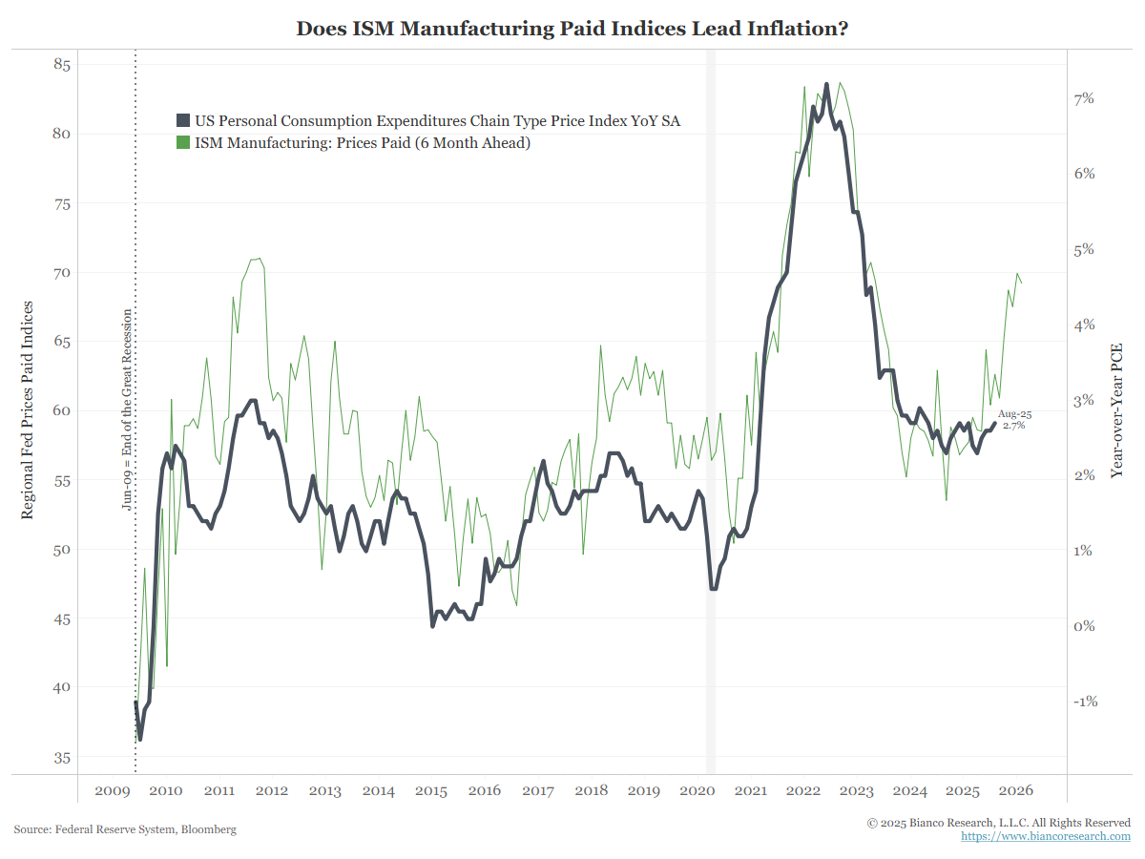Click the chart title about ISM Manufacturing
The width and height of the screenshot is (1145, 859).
pos(572,29)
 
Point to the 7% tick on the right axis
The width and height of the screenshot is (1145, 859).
pos(1084,98)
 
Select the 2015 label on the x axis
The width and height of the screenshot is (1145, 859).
pos(431,791)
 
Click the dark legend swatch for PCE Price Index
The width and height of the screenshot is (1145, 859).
pos(183,121)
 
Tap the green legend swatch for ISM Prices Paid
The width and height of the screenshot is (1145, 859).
pos(183,143)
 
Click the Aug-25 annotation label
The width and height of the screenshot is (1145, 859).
pos(1014,414)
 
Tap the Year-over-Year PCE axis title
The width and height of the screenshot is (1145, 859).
pos(1116,409)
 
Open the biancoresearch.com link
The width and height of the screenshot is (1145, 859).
pos(1045,836)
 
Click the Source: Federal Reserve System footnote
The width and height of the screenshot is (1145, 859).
pos(125,829)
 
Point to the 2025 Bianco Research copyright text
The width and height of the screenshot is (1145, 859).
pos(998,822)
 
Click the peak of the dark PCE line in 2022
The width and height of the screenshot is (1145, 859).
pos(826,84)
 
